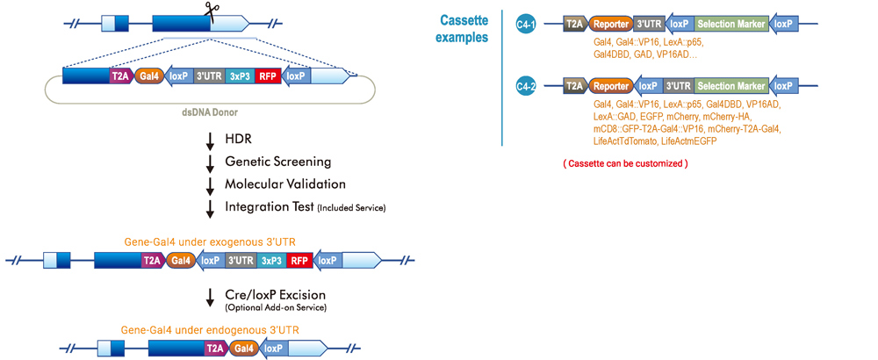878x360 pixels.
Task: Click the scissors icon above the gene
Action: [211, 9]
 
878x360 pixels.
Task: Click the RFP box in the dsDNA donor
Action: [268, 76]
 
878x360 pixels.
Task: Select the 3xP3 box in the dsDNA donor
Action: [240, 76]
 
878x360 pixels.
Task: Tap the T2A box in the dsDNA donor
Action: [120, 76]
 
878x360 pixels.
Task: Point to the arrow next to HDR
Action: [211, 140]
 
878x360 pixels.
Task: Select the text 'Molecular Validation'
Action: [285, 184]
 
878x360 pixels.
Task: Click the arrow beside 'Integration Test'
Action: [211, 207]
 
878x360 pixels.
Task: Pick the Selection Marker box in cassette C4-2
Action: [732, 86]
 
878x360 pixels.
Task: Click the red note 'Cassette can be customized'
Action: [624, 163]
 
